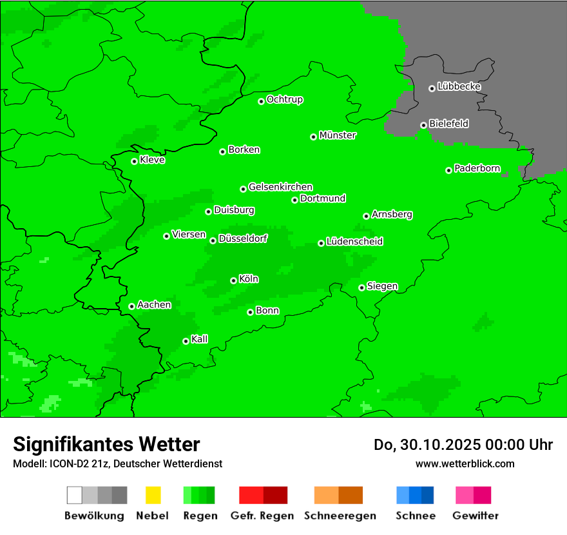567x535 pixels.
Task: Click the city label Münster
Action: [338, 135]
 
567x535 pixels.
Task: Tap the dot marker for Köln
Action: [233, 280]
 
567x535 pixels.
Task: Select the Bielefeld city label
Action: [448, 123]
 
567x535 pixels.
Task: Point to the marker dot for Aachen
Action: [131, 306]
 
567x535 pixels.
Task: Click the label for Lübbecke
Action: [459, 86]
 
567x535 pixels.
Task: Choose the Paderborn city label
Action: [477, 168]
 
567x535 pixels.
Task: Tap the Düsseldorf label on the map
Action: [243, 238]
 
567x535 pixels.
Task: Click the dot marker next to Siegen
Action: [361, 287]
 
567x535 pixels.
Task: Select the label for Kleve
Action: [152, 160]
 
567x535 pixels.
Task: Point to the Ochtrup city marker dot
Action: [261, 101]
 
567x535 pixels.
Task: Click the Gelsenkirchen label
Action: [280, 187]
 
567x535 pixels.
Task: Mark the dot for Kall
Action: [186, 341]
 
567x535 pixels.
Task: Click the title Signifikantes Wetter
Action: [106, 444]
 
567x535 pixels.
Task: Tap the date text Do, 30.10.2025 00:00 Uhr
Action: [463, 445]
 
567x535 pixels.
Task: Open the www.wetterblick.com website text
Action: [465, 463]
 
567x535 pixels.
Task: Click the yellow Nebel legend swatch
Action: [153, 495]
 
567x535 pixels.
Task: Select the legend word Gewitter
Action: [475, 516]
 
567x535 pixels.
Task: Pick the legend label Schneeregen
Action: [340, 516]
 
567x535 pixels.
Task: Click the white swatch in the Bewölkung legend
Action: [75, 495]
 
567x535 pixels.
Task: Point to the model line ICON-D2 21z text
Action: [117, 463]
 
